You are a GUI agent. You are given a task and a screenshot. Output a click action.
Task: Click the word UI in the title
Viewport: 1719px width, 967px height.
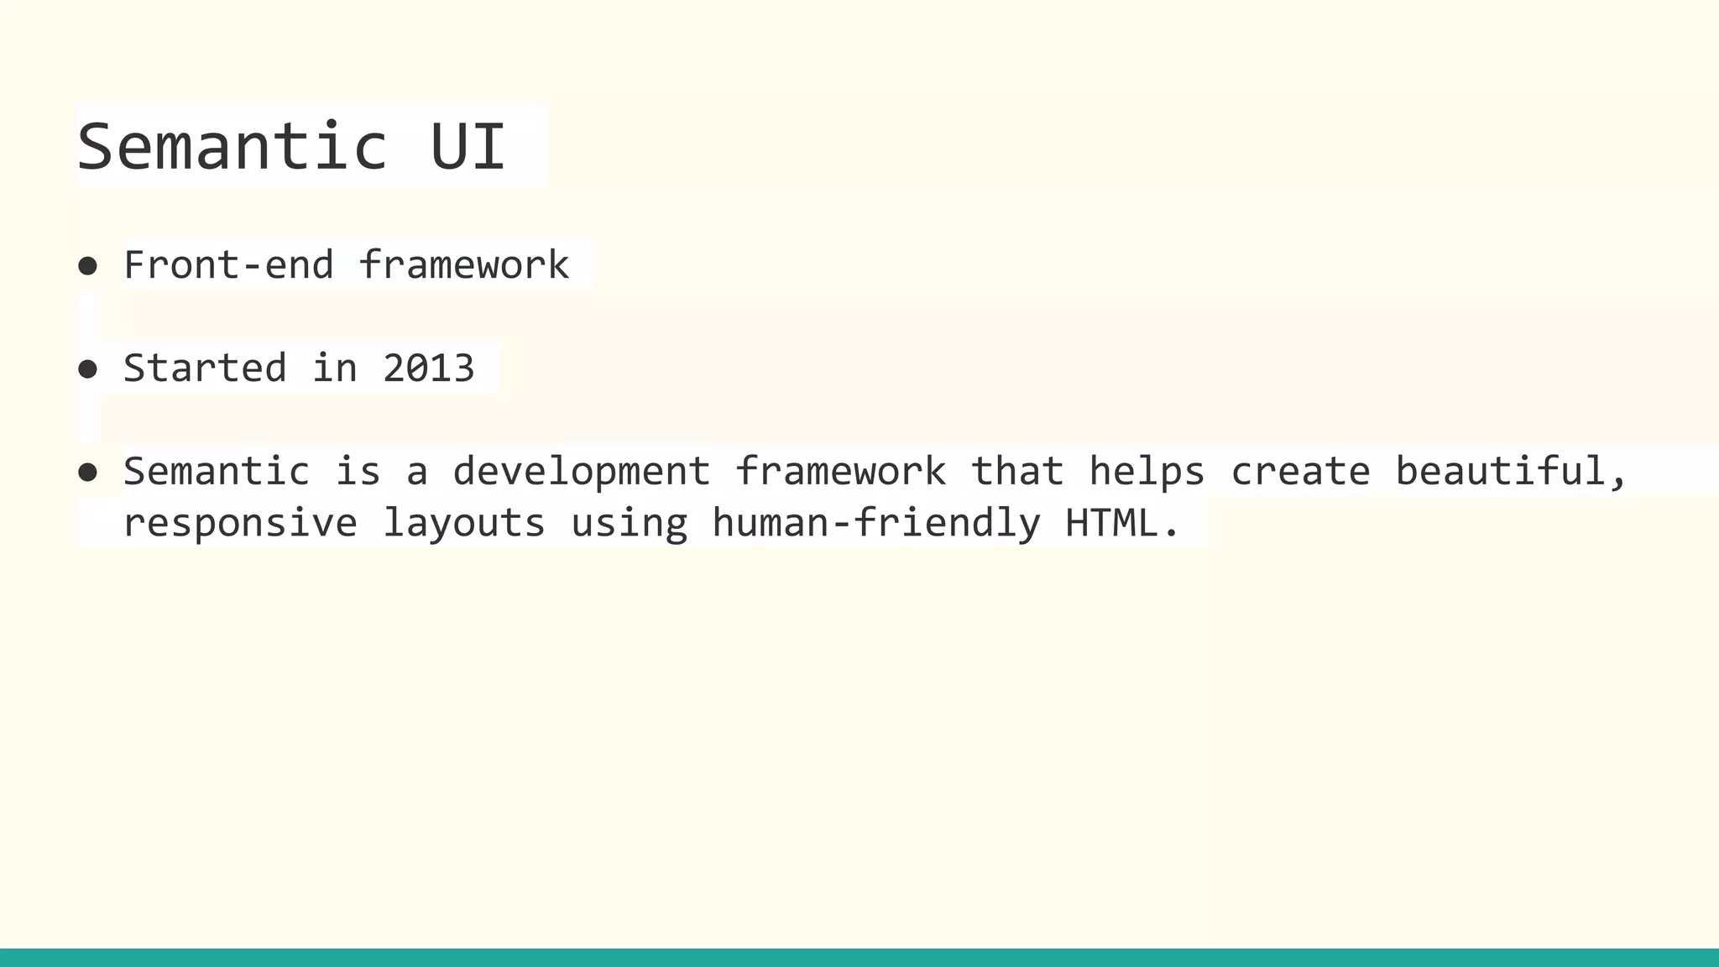(x=468, y=146)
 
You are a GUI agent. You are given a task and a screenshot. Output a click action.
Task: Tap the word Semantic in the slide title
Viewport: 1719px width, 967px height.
(x=232, y=146)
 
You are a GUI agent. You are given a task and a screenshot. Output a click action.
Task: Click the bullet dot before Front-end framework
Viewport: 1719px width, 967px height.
(x=87, y=266)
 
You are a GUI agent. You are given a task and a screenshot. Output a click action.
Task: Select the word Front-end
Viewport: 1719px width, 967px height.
(x=228, y=265)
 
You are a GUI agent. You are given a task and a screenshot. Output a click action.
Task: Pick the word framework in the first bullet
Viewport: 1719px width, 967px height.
(x=463, y=265)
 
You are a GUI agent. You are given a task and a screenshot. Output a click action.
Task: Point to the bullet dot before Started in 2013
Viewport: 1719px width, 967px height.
(x=87, y=369)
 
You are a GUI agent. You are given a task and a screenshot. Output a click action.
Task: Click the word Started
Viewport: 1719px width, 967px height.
(x=205, y=369)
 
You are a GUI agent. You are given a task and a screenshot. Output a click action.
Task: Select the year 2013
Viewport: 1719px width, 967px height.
(x=428, y=369)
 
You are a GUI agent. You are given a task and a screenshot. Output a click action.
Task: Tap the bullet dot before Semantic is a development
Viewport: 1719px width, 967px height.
(x=87, y=472)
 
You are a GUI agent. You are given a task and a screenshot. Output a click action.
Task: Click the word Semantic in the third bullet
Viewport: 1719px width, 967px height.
(x=217, y=471)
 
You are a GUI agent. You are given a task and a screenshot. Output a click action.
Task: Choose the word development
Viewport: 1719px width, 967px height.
(x=581, y=473)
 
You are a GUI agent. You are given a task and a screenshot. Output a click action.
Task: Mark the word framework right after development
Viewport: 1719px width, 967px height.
(x=840, y=471)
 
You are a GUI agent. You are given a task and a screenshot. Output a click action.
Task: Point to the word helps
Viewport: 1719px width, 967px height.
(x=1147, y=471)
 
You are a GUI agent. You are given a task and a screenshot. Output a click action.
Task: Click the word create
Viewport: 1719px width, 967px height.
(x=1300, y=473)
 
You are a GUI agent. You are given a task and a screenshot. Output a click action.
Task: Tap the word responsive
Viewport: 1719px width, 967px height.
(x=240, y=524)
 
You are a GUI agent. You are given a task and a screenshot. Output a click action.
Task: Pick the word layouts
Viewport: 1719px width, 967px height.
(x=463, y=524)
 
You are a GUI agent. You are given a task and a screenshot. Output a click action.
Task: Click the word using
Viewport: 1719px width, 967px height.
(x=629, y=524)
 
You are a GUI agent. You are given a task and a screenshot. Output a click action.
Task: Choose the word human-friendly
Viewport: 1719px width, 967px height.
(x=875, y=523)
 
